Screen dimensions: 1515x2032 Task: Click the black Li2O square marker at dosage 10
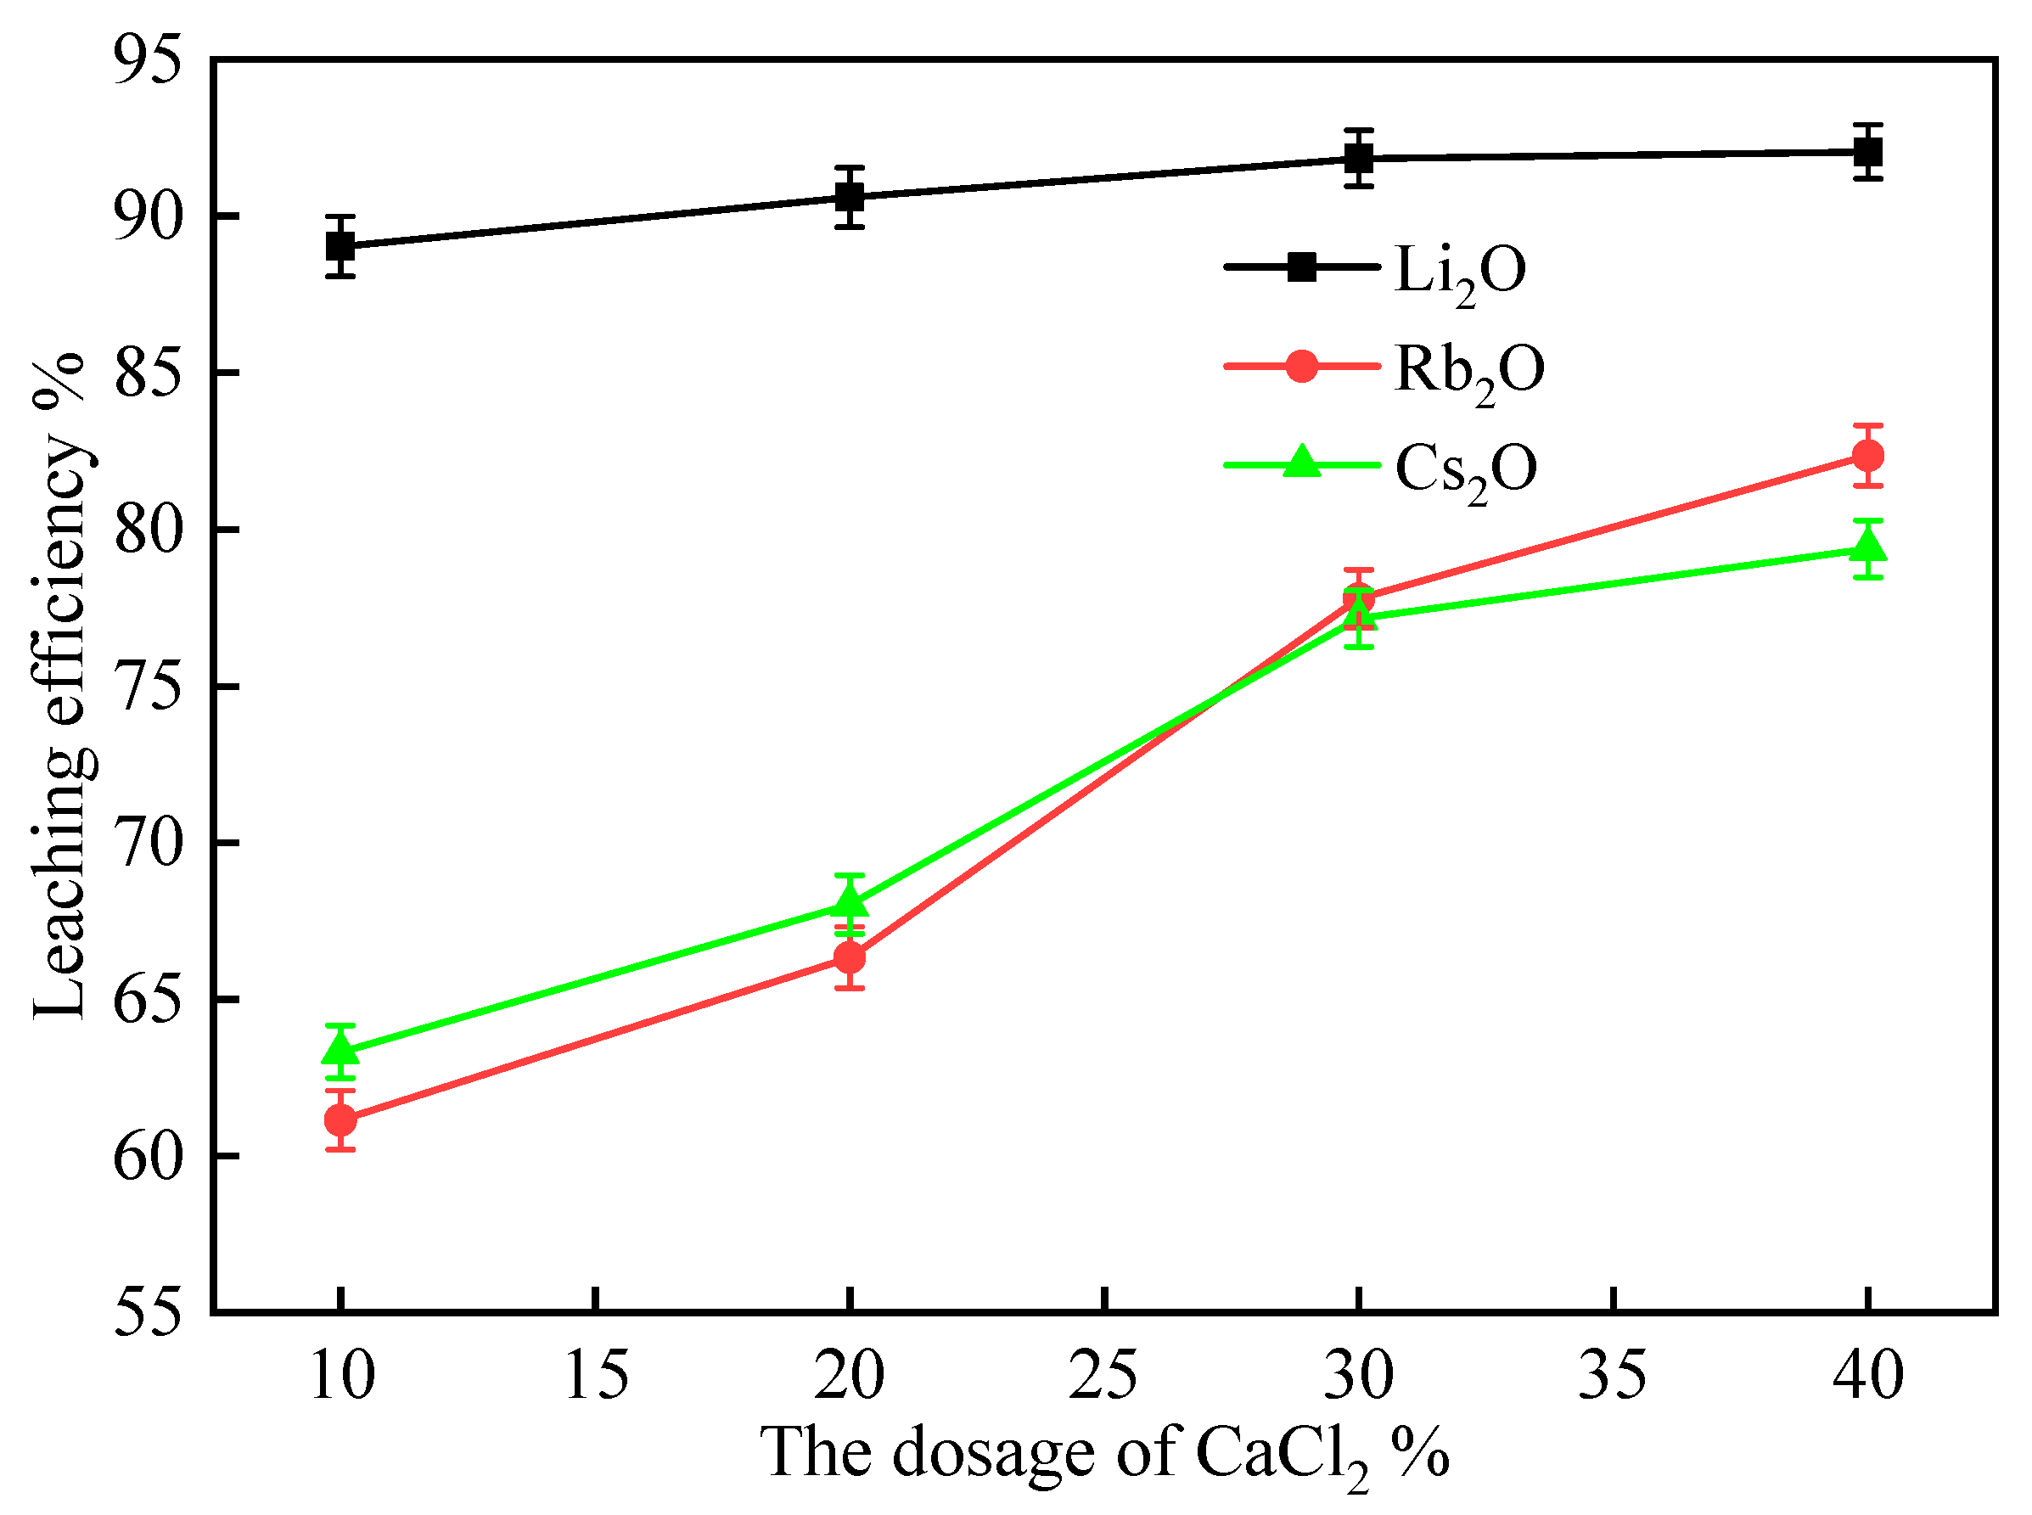(340, 246)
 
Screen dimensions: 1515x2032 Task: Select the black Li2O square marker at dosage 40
(1867, 151)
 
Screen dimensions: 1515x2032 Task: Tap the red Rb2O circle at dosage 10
(340, 1119)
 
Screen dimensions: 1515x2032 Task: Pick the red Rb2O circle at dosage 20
(849, 957)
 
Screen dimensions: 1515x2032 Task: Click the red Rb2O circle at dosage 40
(1867, 455)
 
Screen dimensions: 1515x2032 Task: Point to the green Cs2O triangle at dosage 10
(340, 1048)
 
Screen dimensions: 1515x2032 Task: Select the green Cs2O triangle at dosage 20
(849, 903)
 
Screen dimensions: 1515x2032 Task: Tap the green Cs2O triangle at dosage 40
(1867, 547)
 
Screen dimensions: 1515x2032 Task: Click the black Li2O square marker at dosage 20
(849, 196)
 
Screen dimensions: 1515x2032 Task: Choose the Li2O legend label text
(1460, 272)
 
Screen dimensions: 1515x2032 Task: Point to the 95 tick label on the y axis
(147, 60)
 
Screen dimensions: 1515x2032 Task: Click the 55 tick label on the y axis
(147, 1312)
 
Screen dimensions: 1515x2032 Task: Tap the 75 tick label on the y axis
(147, 687)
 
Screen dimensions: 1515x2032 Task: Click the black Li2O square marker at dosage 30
(1358, 158)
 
